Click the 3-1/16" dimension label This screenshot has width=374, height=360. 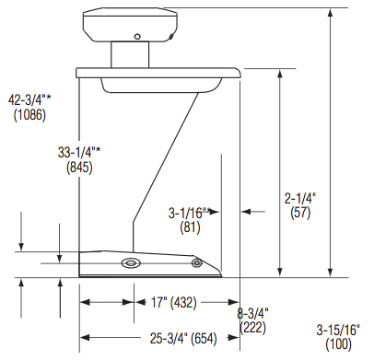point(189,212)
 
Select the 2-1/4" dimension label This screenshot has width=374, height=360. point(300,197)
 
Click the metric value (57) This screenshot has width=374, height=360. point(300,212)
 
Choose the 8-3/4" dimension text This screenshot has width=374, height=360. point(252,314)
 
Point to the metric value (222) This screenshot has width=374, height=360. point(252,328)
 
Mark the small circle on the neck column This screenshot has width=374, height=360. point(136,38)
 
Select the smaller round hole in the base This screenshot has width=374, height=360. point(195,264)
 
